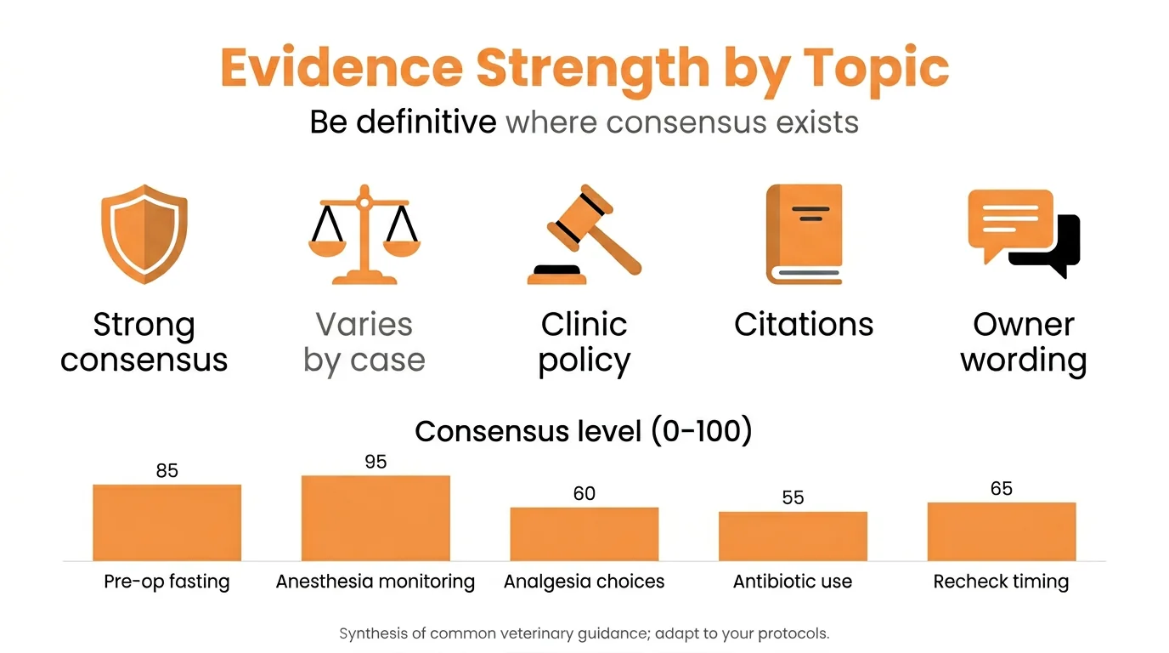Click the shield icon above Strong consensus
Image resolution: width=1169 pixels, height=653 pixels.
coord(144,234)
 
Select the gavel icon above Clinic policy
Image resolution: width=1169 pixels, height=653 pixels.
coord(584,235)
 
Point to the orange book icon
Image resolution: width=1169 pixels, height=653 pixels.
coord(804,234)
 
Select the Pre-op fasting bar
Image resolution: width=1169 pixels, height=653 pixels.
coord(167,522)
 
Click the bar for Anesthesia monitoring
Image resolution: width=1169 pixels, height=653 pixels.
coord(376,518)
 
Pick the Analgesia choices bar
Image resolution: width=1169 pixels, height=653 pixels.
coord(584,534)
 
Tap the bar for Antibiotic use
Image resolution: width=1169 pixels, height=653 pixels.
coord(793,536)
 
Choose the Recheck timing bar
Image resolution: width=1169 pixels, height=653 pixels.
coord(1001,531)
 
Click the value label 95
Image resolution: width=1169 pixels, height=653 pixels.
coord(376,462)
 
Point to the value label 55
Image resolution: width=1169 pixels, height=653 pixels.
coord(793,497)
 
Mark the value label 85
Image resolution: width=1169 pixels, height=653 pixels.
coord(167,470)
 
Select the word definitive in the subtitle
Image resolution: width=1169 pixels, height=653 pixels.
coord(426,122)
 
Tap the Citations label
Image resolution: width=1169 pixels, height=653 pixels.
coord(804,324)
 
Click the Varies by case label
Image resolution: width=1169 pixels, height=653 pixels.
coord(364,342)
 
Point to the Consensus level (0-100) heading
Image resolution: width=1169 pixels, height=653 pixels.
coord(584,431)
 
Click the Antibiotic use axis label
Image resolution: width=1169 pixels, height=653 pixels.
coord(793,582)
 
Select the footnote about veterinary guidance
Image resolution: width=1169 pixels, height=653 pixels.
coord(584,633)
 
